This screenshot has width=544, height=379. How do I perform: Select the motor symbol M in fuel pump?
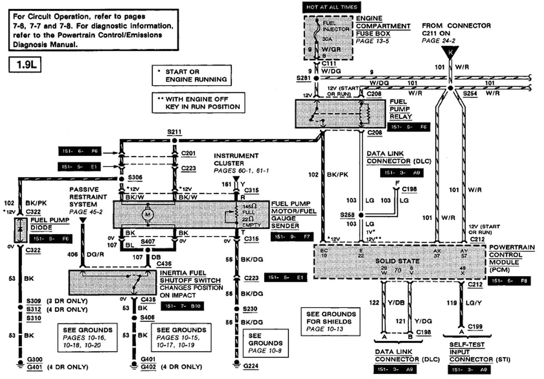point(149,215)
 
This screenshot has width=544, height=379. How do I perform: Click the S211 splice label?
point(174,132)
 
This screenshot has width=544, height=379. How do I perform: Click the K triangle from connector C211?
point(450,52)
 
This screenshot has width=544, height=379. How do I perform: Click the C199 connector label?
point(475,326)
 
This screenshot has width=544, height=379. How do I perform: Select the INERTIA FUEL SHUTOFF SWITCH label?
point(190,277)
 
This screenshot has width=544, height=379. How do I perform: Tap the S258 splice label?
point(347,215)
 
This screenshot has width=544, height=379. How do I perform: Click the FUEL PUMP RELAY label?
point(401,109)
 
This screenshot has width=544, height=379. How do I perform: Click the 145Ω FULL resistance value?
point(247,208)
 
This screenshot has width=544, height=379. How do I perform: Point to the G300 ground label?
point(34,359)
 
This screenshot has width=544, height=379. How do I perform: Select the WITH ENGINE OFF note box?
point(198,103)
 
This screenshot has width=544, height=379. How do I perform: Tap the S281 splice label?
point(304,79)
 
